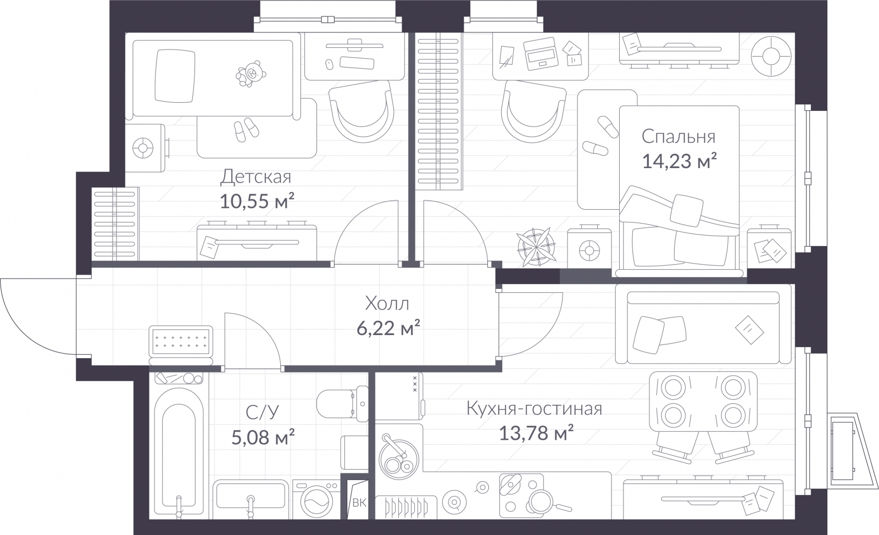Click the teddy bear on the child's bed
(x=249, y=74)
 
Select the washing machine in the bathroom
(x=316, y=499)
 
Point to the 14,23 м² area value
(x=679, y=161)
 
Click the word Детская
(x=255, y=177)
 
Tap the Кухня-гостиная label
(x=534, y=409)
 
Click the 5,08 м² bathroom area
(x=263, y=437)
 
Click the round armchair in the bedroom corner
(x=771, y=57)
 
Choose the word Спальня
(x=678, y=136)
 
